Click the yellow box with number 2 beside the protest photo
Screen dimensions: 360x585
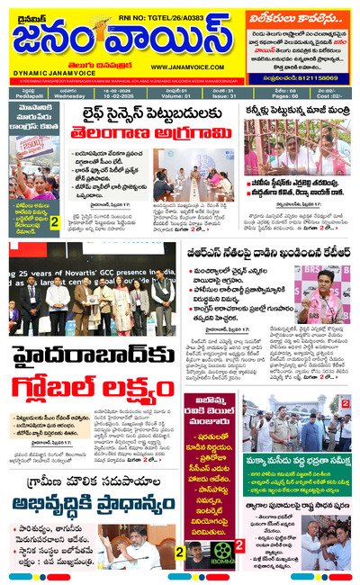pos(54,221)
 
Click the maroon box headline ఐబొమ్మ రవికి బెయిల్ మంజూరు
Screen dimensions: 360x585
pos(210,415)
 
